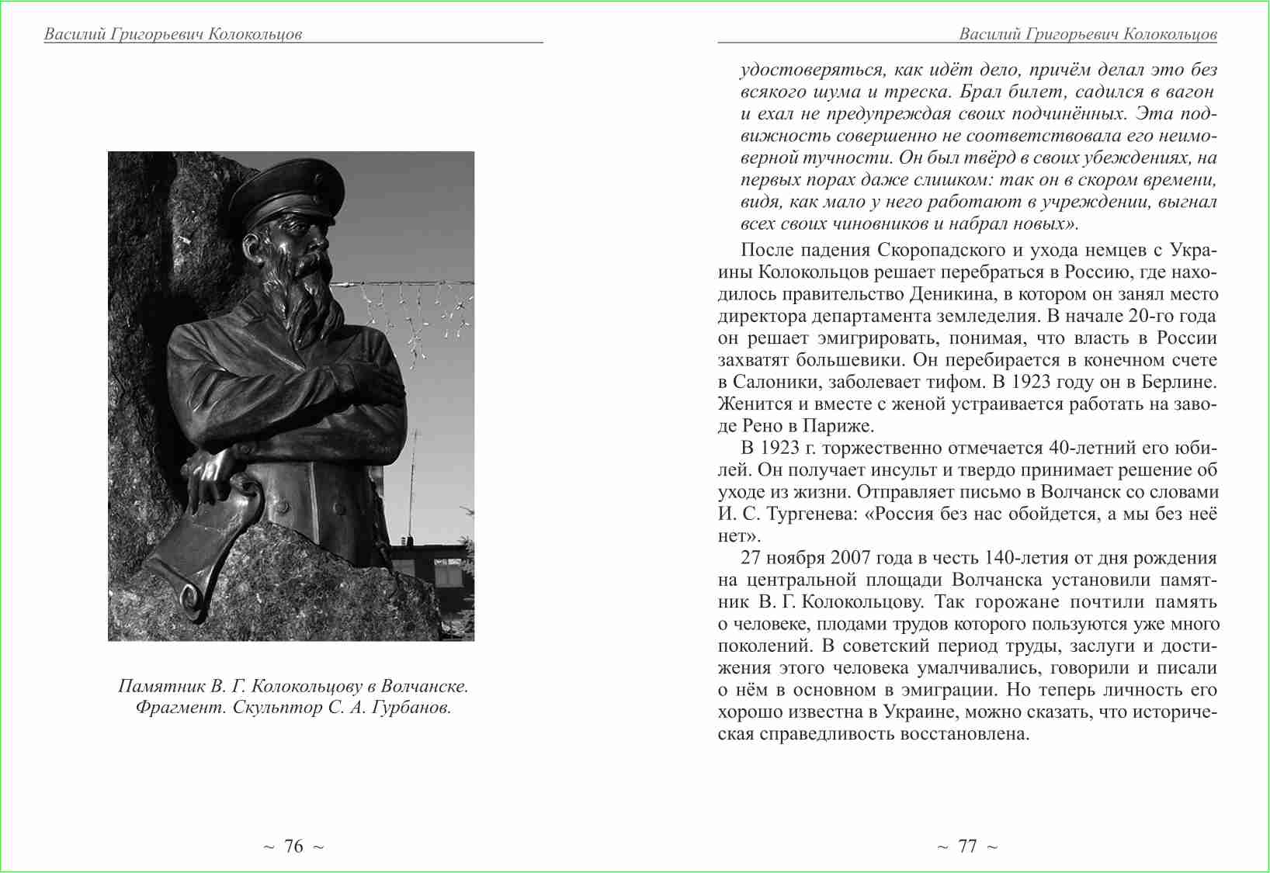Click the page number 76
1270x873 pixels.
[x=293, y=847]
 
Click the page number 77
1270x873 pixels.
[x=967, y=847]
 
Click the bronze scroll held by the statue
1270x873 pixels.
[x=206, y=543]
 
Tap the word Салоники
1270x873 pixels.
[x=776, y=383]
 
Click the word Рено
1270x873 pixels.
[x=764, y=426]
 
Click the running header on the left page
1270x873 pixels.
[x=173, y=34]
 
